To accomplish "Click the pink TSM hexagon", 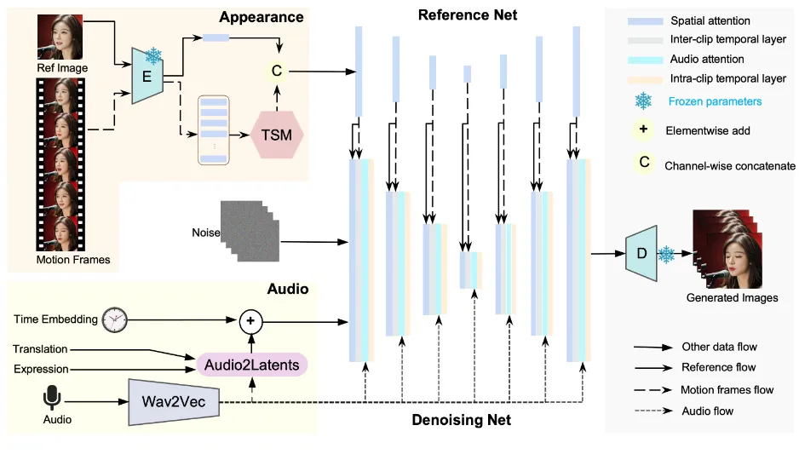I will (x=278, y=134).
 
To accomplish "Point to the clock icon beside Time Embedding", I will (x=113, y=319).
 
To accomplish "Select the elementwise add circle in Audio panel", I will (x=250, y=320).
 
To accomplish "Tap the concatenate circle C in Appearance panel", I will (x=277, y=71).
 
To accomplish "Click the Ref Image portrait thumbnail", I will (x=60, y=37).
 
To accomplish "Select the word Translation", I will (x=40, y=349).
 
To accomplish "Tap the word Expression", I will (x=41, y=369).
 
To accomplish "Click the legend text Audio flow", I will (x=707, y=411).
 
